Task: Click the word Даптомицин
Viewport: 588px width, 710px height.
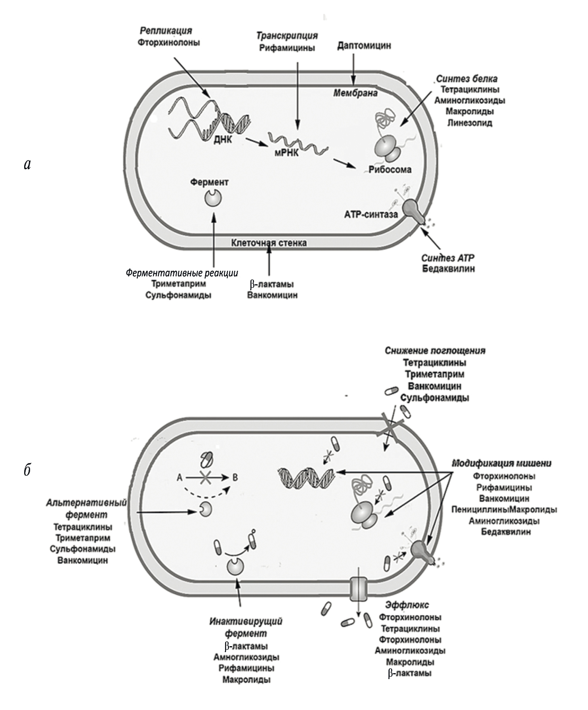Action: point(364,46)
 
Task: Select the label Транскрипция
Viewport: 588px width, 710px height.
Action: point(287,36)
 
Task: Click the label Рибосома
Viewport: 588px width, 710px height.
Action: point(390,170)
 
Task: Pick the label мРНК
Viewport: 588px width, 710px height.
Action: point(286,153)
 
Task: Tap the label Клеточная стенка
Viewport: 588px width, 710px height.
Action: point(269,243)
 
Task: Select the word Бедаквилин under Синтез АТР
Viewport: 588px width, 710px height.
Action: point(448,269)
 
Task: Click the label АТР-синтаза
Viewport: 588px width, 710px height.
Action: point(371,214)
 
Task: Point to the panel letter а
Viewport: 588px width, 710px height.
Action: point(27,164)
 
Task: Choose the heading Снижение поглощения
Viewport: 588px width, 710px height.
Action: point(435,351)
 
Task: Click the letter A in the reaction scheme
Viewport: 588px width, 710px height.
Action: point(179,478)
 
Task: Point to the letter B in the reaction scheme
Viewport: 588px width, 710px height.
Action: point(235,477)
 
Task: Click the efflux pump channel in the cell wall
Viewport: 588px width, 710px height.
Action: point(358,589)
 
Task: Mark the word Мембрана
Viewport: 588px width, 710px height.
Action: point(355,94)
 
